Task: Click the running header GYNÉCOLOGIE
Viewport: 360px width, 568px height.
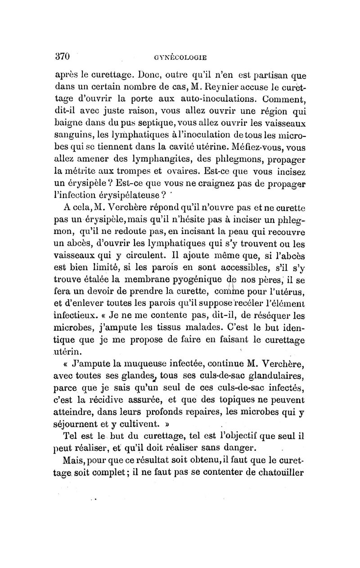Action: [179, 58]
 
